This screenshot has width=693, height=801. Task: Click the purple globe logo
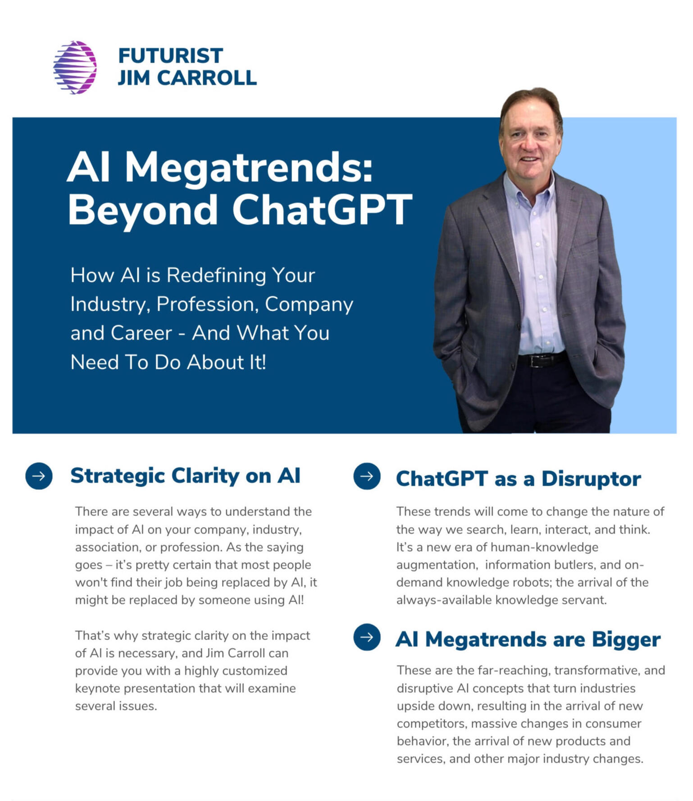(75, 68)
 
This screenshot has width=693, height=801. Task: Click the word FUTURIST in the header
(171, 56)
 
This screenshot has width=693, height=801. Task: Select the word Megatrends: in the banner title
(249, 168)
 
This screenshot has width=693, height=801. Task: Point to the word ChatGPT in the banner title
(322, 210)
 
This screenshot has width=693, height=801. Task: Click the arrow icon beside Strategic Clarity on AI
(39, 476)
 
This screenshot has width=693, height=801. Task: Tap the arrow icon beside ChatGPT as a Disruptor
(367, 476)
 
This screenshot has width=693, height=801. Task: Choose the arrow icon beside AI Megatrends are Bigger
(367, 637)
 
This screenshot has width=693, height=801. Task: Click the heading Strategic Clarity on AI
(185, 476)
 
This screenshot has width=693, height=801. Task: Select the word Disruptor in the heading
(591, 479)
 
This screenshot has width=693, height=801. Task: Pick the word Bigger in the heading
(626, 640)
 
